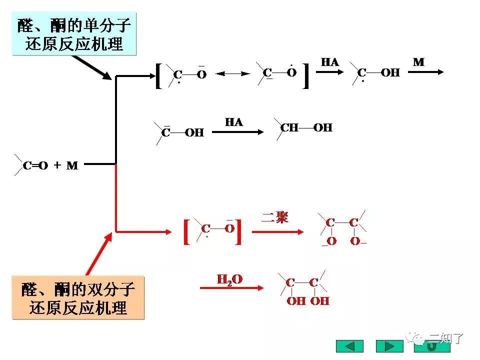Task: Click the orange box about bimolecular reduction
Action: click(x=78, y=298)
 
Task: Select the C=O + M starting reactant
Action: click(x=50, y=165)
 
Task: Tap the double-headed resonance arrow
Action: click(x=233, y=74)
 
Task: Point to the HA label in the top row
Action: click(x=329, y=62)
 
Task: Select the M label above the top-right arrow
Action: click(x=418, y=62)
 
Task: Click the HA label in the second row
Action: click(x=233, y=122)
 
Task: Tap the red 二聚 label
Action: click(x=274, y=217)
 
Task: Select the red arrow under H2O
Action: click(x=231, y=288)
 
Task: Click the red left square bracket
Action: click(x=186, y=231)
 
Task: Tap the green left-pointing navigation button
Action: click(x=349, y=346)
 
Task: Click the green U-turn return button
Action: click(x=431, y=346)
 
